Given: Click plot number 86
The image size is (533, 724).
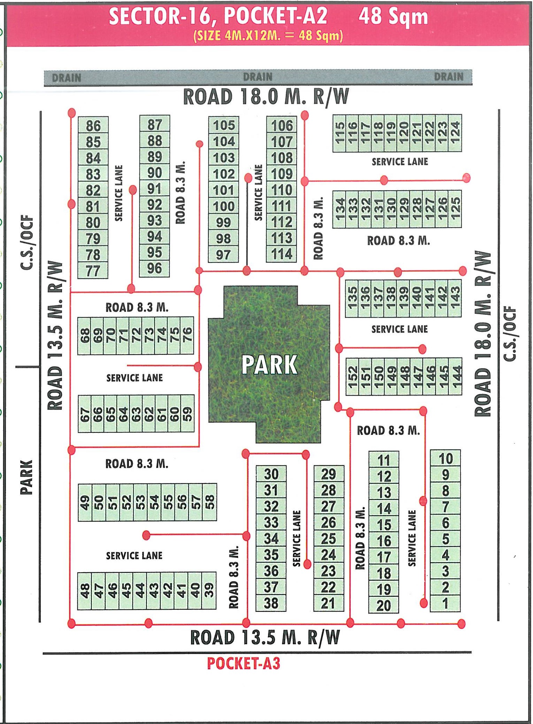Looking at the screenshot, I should click(x=93, y=126).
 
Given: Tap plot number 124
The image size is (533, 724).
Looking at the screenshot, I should click(x=455, y=133).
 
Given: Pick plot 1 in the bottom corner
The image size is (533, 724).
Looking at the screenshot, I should click(x=445, y=604).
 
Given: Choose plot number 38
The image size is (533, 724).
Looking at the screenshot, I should click(x=271, y=603).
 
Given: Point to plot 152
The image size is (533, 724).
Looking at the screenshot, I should click(x=352, y=376).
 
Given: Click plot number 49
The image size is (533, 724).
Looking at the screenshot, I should click(x=85, y=502).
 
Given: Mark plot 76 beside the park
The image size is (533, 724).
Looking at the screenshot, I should click(x=187, y=335).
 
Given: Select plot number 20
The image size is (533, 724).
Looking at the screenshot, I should click(x=383, y=606).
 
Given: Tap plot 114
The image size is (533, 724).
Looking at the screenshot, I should click(x=282, y=254).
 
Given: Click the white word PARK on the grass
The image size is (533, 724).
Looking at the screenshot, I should click(x=269, y=365).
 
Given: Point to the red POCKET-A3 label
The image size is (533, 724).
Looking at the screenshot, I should click(x=244, y=663).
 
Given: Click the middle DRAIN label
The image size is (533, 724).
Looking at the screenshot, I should click(x=258, y=77).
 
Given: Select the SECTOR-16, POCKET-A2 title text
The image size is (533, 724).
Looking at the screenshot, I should click(x=218, y=16).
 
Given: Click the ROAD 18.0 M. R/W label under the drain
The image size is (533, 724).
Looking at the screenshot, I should click(x=266, y=97).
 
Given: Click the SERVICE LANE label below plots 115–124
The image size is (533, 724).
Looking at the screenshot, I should click(x=400, y=162).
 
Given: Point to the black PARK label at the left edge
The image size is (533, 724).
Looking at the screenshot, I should click(x=26, y=477).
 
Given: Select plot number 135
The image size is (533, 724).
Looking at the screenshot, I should click(x=352, y=298).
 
